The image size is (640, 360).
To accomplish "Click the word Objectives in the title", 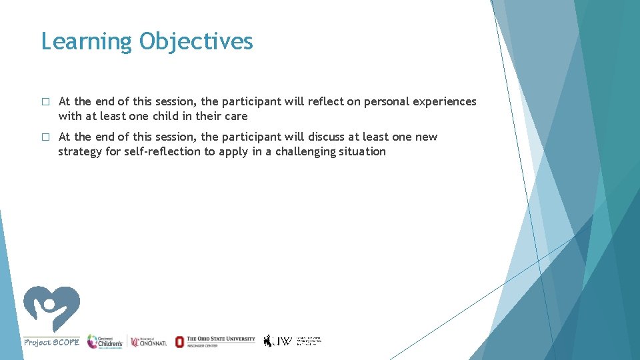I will click(196, 42).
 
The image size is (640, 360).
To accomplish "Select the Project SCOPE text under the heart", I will click(52, 342).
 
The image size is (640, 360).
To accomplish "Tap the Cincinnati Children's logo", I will click(105, 341).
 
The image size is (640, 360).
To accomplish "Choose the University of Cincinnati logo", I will click(149, 341).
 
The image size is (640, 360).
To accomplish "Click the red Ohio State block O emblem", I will click(179, 341).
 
